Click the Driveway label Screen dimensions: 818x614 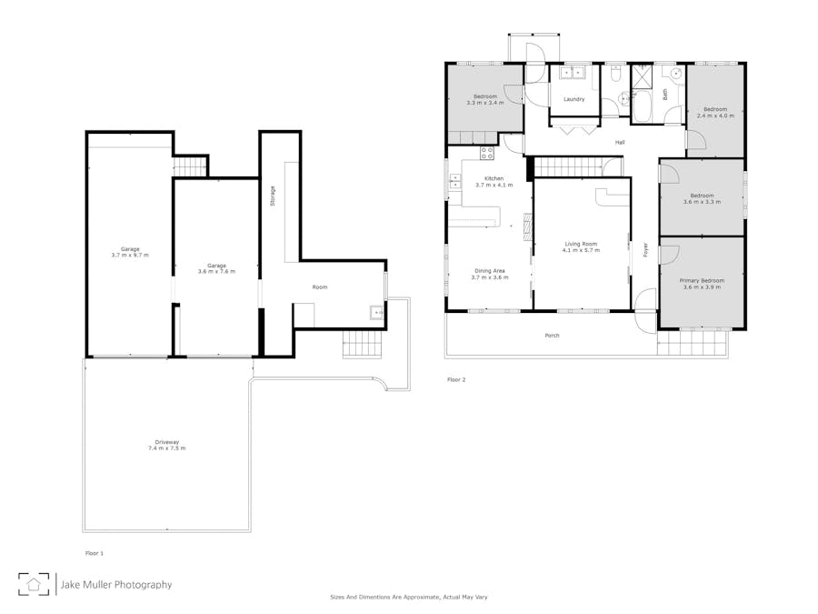[x=167, y=442]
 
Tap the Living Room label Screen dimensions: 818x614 [x=581, y=244]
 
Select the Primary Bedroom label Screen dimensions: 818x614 [x=702, y=280]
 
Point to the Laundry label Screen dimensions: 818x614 [x=574, y=99]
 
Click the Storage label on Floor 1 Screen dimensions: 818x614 [x=273, y=196]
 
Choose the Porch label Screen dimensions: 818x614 [x=552, y=336]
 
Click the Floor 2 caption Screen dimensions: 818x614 [x=456, y=379]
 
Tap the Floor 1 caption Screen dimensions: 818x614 [x=95, y=553]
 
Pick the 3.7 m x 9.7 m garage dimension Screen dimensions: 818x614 [x=130, y=256]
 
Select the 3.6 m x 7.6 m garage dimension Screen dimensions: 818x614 [x=216, y=271]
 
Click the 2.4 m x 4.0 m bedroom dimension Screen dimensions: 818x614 [x=715, y=116]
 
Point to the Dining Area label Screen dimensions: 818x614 [x=489, y=271]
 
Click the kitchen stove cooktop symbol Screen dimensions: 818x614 [x=487, y=153]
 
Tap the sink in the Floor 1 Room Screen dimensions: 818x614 [x=376, y=312]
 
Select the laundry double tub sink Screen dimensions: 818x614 [x=574, y=73]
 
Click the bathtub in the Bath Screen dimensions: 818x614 [x=642, y=106]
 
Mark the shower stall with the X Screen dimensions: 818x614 [x=642, y=77]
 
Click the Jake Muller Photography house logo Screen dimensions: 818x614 [x=34, y=584]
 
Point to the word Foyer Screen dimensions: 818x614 [x=645, y=249]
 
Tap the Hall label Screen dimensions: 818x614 [x=620, y=142]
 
